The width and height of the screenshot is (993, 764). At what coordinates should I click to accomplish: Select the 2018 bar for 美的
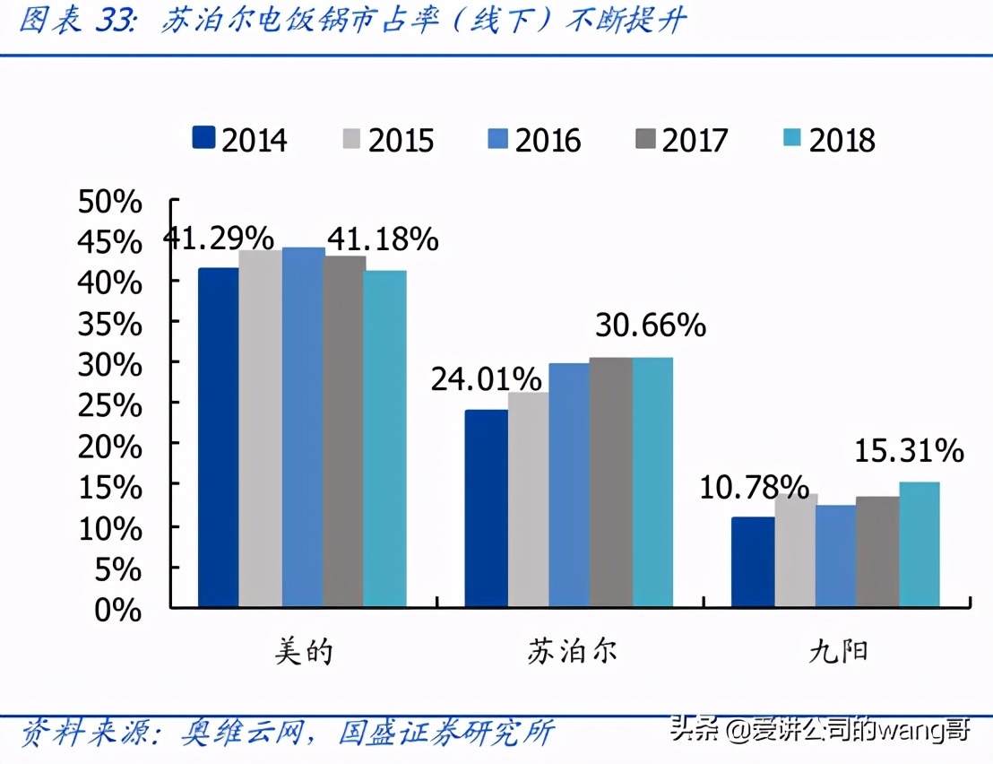(385, 438)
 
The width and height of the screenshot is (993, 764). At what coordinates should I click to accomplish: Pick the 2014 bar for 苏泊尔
(485, 508)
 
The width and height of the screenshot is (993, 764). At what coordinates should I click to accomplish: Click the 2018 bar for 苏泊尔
(652, 482)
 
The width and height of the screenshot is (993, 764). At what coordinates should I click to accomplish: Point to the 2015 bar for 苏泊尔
(528, 499)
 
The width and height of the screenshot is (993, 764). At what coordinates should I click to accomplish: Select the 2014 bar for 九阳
(752, 562)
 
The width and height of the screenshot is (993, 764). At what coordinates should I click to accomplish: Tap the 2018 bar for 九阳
(919, 544)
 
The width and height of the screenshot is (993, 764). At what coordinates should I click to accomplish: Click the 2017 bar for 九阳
(877, 551)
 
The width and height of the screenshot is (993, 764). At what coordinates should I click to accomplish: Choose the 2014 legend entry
(240, 139)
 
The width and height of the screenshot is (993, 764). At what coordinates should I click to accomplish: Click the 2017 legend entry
(681, 139)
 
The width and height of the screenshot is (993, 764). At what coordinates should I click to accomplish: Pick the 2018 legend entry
(828, 139)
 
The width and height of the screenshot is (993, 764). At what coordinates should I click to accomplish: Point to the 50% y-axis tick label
(110, 202)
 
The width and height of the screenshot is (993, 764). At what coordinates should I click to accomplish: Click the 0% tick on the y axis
(120, 610)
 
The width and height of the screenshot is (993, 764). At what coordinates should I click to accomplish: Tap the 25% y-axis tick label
(110, 406)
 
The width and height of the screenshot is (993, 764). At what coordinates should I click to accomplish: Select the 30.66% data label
(650, 326)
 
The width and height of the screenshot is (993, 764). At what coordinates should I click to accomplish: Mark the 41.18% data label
(383, 239)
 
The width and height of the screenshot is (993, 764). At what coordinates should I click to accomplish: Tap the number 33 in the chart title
(113, 20)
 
